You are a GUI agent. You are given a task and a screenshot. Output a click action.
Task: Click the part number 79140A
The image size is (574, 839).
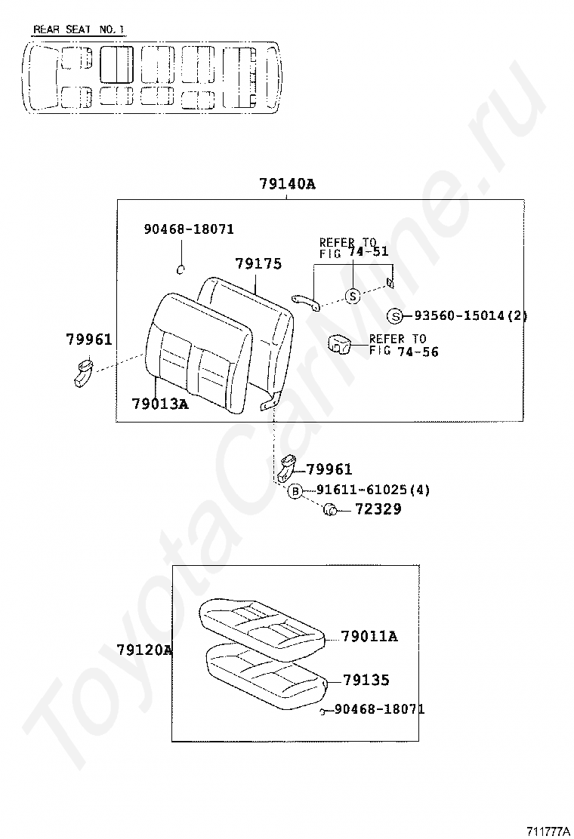287,184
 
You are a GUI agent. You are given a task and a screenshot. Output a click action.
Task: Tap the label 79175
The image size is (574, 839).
258,264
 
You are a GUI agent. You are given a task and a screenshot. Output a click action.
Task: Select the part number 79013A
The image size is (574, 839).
160,404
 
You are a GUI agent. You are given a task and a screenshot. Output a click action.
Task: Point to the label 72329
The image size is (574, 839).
378,509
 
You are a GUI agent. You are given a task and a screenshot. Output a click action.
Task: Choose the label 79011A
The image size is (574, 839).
369,636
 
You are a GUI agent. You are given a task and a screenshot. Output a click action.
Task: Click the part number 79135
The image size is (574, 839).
366,680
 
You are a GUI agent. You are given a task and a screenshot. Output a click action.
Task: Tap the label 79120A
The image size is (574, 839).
144,650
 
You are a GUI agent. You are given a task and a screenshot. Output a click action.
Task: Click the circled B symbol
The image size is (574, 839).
295,491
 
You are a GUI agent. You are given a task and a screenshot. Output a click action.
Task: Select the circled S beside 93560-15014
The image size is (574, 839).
394,316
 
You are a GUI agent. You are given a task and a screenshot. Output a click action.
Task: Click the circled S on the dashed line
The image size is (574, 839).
352,295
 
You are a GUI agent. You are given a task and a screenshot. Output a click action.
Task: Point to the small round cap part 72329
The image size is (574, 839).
330,510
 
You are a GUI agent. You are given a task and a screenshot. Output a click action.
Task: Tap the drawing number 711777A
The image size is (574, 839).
548,831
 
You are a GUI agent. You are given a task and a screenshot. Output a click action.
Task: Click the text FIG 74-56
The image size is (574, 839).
404,352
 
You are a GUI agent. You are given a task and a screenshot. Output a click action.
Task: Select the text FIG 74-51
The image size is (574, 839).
354,252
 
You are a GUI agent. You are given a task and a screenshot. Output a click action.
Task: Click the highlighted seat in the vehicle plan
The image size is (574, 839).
116,63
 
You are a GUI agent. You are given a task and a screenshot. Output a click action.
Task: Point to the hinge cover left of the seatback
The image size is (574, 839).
82,373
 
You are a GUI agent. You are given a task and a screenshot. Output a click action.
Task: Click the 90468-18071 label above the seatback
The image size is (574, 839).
189,229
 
